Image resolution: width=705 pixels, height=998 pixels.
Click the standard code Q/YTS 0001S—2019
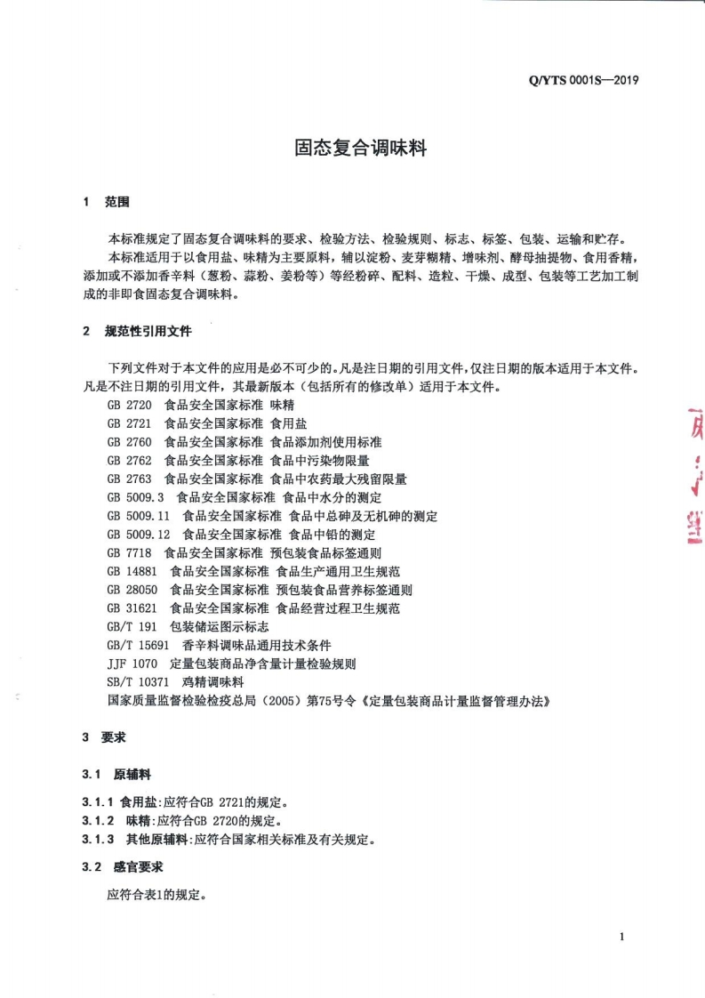point(584,80)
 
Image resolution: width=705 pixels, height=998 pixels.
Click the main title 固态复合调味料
point(361,149)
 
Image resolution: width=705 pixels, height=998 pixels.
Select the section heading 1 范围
point(106,202)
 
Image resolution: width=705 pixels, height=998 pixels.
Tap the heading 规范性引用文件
point(148,331)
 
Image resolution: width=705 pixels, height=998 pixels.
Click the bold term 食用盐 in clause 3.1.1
point(138,801)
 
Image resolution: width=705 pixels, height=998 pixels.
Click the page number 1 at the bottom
point(622,937)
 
